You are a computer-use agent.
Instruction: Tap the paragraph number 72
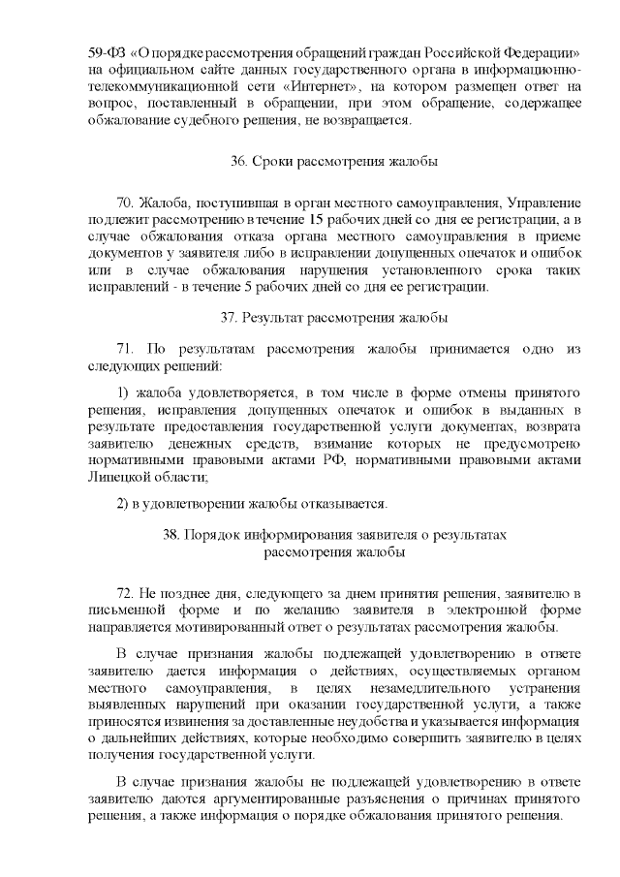coord(125,591)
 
